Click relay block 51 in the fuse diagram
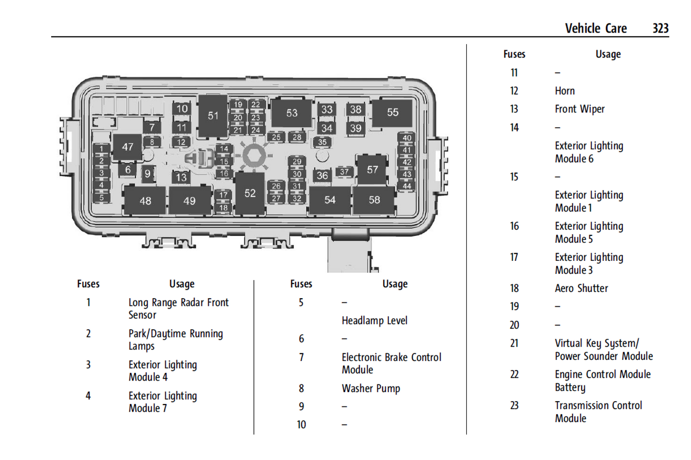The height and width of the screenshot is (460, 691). click(213, 116)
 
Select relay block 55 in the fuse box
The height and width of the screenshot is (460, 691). click(392, 112)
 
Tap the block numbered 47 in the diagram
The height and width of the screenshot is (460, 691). click(127, 147)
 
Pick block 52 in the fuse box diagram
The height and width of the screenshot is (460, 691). click(250, 193)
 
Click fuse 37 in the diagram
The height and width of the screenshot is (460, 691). click(344, 172)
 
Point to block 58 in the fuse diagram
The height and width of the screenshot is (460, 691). click(374, 200)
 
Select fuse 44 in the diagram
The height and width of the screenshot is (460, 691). click(406, 186)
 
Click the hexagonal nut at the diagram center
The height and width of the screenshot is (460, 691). click(254, 156)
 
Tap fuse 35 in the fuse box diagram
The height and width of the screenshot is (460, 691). click(322, 142)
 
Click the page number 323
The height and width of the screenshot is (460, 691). click(660, 28)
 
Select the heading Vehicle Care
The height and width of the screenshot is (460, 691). click(595, 28)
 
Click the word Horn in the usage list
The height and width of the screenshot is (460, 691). click(565, 91)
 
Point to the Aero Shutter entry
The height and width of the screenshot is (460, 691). click(581, 288)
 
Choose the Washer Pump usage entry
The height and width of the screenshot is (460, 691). click(371, 388)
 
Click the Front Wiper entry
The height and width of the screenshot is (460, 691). click(580, 109)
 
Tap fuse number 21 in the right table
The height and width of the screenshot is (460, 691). click(514, 343)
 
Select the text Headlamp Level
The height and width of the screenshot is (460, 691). click(374, 321)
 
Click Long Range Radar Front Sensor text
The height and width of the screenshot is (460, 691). click(178, 309)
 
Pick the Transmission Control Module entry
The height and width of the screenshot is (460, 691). click(598, 412)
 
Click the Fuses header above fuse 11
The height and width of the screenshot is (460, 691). click(514, 55)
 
